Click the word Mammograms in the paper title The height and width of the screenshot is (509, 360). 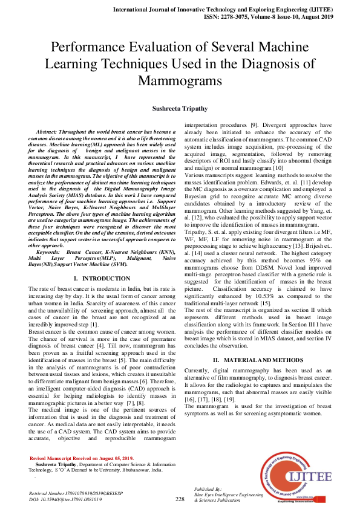pyautogui.click(x=180, y=80)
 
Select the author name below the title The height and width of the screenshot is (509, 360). pyautogui.click(x=180, y=108)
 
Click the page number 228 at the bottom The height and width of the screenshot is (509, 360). pyautogui.click(x=180, y=499)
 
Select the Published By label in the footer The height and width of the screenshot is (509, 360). pyautogui.click(x=208, y=488)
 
